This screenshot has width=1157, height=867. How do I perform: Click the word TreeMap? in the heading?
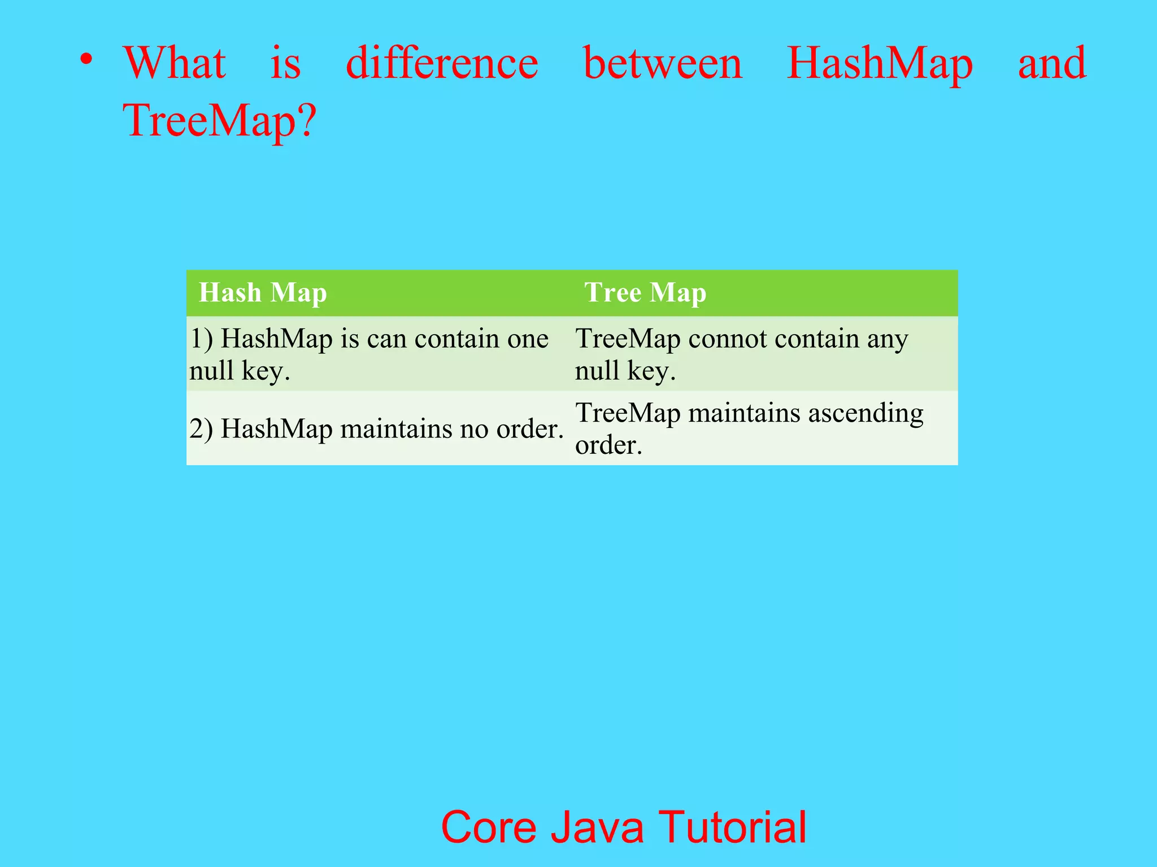point(220,121)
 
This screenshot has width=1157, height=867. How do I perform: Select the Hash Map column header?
point(263,292)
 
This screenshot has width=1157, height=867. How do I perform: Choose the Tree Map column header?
point(645,292)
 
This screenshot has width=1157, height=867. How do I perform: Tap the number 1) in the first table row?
point(201,339)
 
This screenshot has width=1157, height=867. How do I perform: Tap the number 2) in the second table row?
point(201,429)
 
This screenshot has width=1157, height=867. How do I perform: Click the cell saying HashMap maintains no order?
point(376,429)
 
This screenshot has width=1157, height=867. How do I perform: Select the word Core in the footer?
point(488,827)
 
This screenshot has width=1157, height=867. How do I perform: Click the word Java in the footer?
point(597,827)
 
